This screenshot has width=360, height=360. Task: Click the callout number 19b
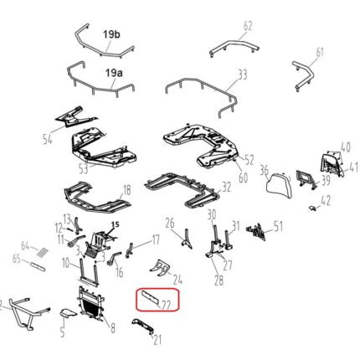112,34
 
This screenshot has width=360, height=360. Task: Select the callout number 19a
114,74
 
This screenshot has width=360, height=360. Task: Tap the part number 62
247,26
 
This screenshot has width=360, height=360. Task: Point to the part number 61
319,52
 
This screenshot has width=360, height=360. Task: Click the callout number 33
242,75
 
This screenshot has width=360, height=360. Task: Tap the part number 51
279,225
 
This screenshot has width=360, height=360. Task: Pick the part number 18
126,190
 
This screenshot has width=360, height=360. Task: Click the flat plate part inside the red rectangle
152,296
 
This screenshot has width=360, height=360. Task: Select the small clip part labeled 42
312,203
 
